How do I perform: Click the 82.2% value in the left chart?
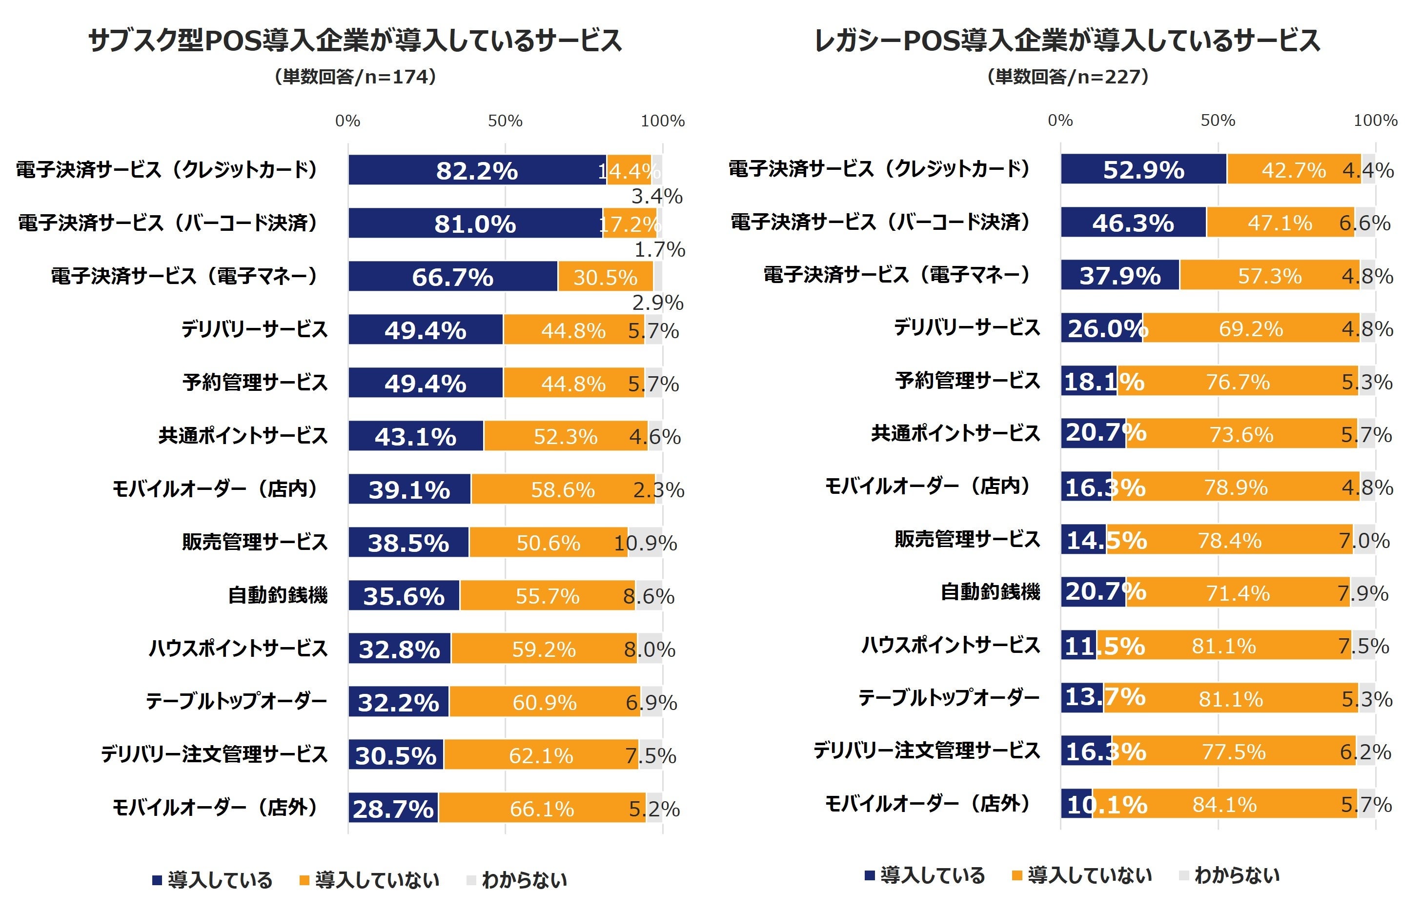coord(477,171)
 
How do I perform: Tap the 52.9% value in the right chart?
coord(1143,170)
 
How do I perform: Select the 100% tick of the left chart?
coord(662,121)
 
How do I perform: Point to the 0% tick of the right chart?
coord(1060,121)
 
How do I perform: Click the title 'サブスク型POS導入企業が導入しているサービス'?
coord(355,41)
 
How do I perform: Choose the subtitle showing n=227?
coord(1067,77)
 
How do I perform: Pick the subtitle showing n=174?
coord(355,77)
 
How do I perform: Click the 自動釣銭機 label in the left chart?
coord(278,595)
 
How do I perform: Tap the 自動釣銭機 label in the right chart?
coord(990,592)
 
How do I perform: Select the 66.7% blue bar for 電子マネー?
coord(452,277)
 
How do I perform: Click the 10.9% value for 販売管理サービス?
coord(645,543)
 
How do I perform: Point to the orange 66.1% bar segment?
coord(542,809)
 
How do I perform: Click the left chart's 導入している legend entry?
coord(212,880)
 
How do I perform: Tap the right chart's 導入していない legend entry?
coord(1081,875)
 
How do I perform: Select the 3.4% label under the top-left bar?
coord(656,196)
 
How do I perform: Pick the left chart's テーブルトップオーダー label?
coord(237,701)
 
